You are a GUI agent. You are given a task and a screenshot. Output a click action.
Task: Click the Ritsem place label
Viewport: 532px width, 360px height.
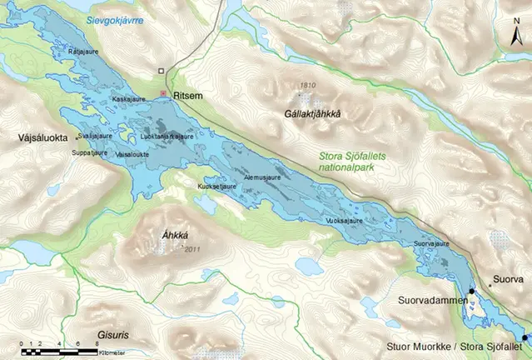coord(187,97)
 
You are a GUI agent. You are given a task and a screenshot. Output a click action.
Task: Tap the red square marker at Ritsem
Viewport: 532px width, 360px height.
coord(164,93)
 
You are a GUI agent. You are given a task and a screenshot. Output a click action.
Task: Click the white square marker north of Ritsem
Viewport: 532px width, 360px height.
coord(164,71)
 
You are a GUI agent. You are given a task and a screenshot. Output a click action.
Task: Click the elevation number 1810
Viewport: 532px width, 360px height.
coord(309,85)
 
